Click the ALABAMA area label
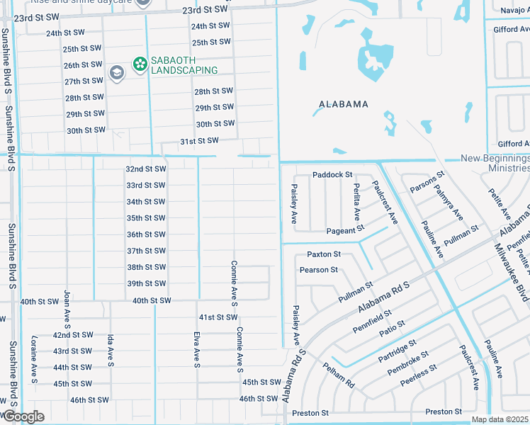click(x=344, y=104)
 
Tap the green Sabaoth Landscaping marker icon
click(x=140, y=64)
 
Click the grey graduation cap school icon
click(x=115, y=72)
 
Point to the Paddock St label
click(x=332, y=175)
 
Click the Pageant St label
click(x=345, y=231)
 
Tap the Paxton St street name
click(x=324, y=254)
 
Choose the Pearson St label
click(x=319, y=270)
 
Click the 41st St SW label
click(x=218, y=317)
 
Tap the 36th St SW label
click(x=146, y=234)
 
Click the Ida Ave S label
click(x=111, y=351)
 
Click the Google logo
click(x=23, y=416)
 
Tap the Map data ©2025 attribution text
click(x=500, y=419)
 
